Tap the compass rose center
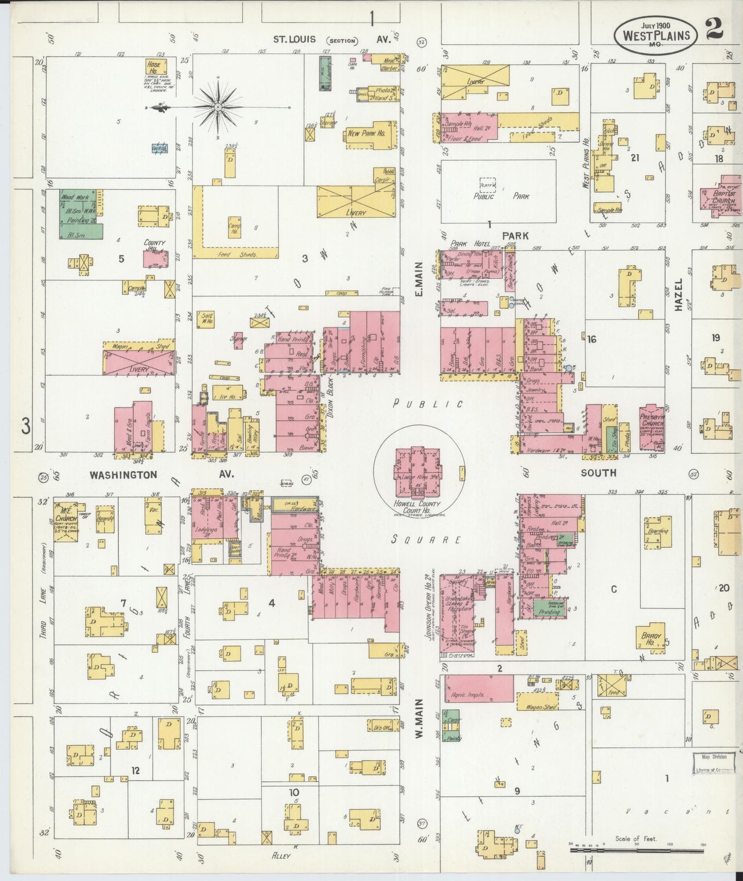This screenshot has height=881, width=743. (x=218, y=107)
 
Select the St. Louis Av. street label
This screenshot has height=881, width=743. (x=335, y=40)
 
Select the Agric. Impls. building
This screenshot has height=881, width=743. (x=479, y=688)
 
